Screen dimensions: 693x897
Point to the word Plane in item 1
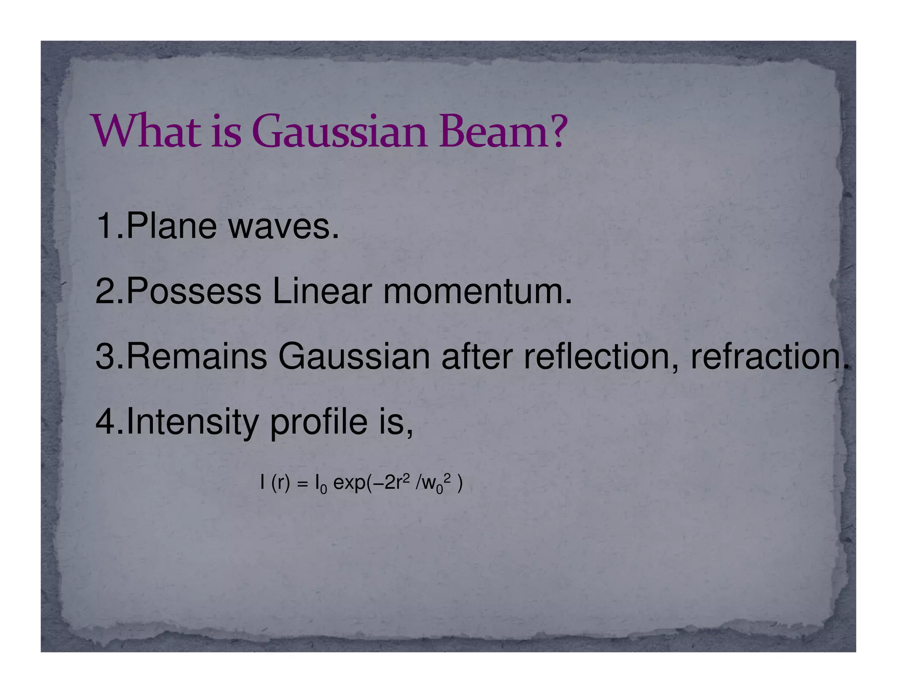click(171, 226)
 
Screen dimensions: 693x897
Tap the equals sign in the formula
click(301, 484)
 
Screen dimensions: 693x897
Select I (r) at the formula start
click(275, 484)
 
